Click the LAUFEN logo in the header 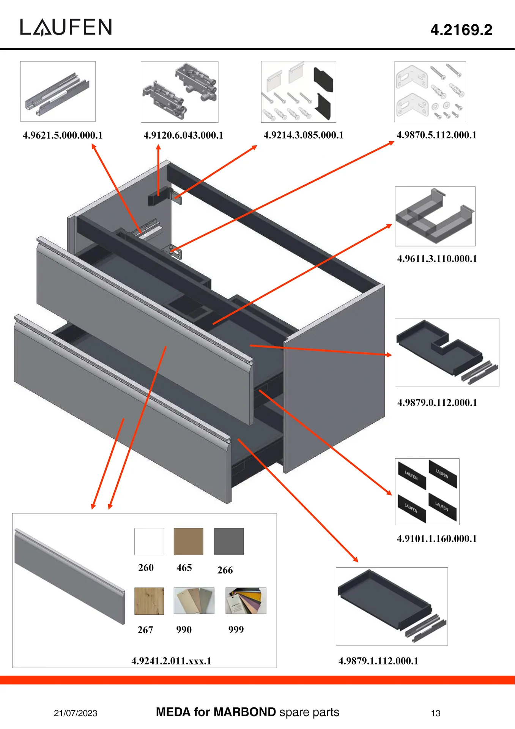66,27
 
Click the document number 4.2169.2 461,30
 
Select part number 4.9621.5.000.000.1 63,135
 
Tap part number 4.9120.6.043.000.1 183,135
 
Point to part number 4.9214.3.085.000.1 303,135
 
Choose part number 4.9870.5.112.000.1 436,135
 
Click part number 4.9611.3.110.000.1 437,259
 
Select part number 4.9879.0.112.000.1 437,402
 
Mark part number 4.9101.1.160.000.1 436,538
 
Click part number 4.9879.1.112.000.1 378,661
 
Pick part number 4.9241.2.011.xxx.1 171,661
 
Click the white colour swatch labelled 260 149,541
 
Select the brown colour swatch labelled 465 188,541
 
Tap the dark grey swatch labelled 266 229,541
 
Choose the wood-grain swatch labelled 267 149,601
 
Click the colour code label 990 184,630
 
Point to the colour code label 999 236,630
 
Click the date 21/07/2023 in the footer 76,713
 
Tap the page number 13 436,713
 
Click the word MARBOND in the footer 245,712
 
